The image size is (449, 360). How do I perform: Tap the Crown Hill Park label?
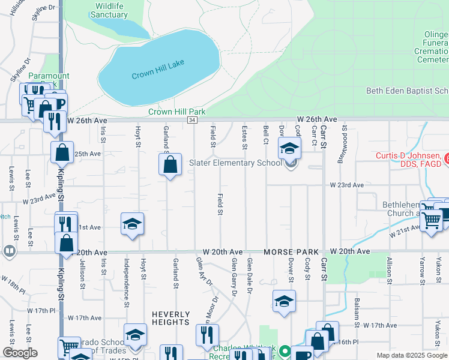(177, 112)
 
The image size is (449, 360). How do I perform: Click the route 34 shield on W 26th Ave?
(191, 121)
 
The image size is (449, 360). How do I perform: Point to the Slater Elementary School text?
(235, 163)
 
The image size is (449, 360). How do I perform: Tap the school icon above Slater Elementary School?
(289, 148)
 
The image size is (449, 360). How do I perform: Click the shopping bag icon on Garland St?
(170, 164)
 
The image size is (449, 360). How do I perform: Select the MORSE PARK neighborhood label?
(294, 252)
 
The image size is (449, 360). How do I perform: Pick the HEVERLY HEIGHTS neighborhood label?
(170, 318)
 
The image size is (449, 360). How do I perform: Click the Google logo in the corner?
(20, 353)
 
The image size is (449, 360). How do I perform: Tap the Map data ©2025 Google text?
(412, 355)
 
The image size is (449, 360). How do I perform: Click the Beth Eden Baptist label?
(407, 91)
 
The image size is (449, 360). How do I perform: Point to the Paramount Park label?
(49, 80)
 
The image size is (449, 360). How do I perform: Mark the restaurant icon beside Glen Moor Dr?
(207, 335)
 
